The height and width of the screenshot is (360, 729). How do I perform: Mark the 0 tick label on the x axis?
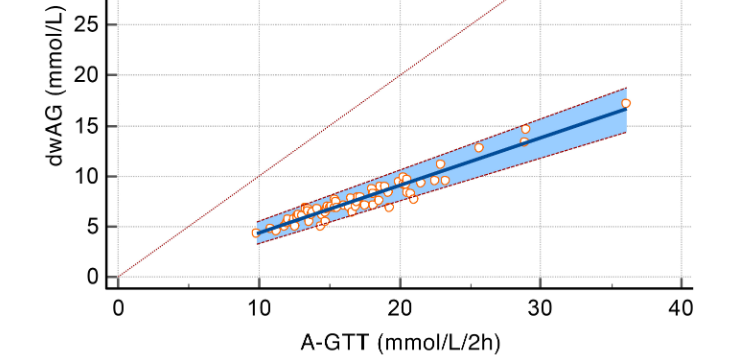(118, 308)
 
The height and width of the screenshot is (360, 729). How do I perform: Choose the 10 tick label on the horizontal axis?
(259, 308)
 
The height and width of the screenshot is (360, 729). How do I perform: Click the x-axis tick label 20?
(400, 308)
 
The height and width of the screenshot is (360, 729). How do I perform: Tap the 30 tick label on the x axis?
(541, 308)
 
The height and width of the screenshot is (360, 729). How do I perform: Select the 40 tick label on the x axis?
(681, 308)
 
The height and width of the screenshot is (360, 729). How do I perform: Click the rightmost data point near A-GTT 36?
(626, 103)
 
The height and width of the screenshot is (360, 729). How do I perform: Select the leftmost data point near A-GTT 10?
(256, 232)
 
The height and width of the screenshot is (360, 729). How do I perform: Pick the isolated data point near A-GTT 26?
(478, 147)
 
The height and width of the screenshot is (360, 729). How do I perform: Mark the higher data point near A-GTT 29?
(526, 129)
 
